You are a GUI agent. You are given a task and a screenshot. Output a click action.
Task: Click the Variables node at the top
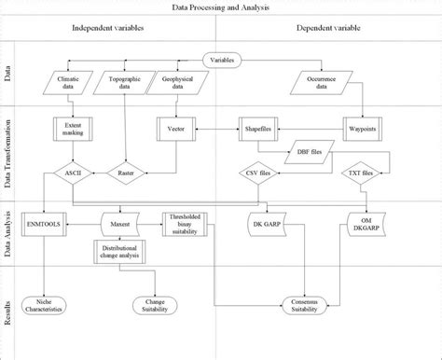[x=222, y=62]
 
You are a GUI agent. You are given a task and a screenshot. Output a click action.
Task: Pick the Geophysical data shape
[x=175, y=86]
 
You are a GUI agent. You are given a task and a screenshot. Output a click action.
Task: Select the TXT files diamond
[x=358, y=173]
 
